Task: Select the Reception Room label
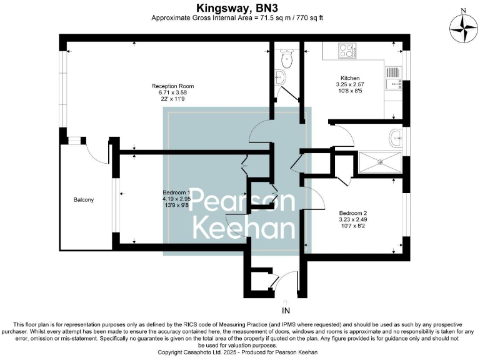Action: pos(172,86)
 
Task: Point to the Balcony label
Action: pos(84,199)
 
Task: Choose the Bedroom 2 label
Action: pos(352,212)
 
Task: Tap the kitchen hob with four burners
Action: pos(346,49)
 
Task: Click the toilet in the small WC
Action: pos(287,59)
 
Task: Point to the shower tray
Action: pos(380,162)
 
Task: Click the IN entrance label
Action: pos(286,310)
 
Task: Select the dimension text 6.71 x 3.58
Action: pos(172,92)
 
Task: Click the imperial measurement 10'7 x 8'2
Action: pos(352,226)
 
